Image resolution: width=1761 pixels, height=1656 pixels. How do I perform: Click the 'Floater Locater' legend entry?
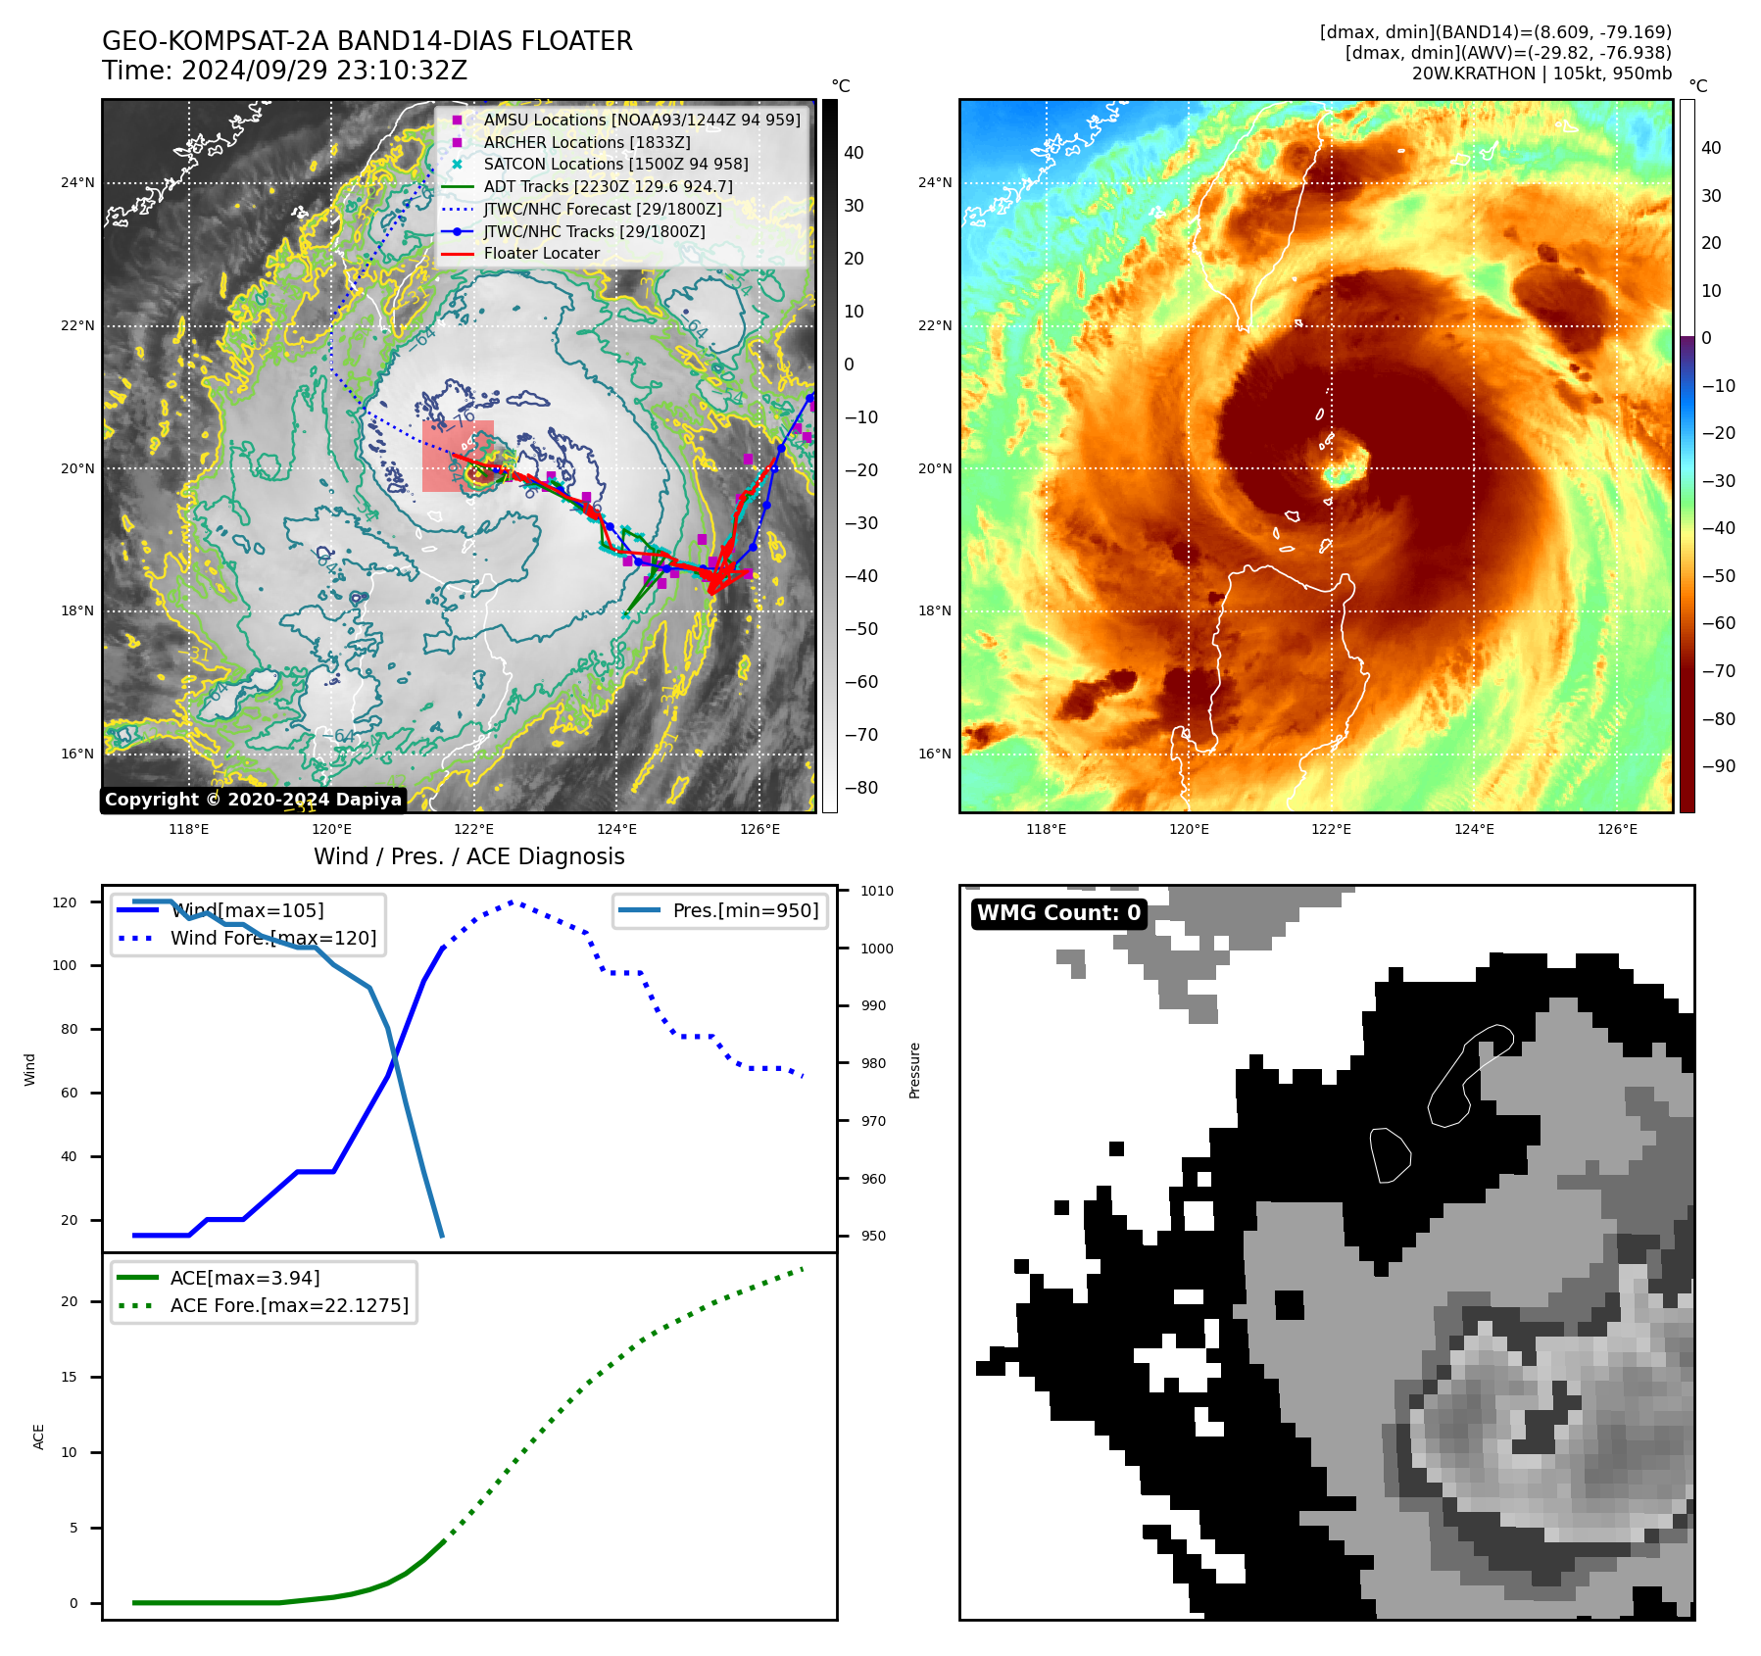tap(541, 254)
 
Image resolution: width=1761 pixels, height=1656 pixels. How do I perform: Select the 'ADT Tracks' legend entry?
tap(608, 187)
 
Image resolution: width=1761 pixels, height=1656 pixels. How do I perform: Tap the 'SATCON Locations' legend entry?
tap(615, 165)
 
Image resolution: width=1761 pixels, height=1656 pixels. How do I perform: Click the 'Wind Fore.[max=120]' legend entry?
tap(272, 938)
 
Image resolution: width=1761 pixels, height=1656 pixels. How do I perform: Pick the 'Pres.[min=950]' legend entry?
tap(745, 910)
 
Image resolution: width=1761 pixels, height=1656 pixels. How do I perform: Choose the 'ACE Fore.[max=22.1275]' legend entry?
tap(289, 1305)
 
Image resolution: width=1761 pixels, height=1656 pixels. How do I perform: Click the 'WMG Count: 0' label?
tap(1058, 913)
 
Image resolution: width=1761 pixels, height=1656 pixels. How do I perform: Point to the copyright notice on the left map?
tap(253, 800)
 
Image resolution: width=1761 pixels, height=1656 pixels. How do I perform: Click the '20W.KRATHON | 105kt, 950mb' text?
tap(1541, 73)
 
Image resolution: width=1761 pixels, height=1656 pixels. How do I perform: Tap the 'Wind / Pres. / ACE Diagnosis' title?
tap(468, 856)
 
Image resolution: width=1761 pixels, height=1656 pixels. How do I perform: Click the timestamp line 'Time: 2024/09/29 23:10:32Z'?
tap(284, 71)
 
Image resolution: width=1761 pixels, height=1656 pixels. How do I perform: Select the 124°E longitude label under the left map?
tap(616, 829)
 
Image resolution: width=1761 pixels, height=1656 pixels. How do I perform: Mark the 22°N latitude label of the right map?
tap(934, 325)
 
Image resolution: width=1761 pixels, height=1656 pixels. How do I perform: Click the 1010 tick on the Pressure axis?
tap(877, 891)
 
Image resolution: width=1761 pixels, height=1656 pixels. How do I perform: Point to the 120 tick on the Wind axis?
tap(65, 902)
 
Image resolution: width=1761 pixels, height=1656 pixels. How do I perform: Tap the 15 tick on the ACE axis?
tap(69, 1377)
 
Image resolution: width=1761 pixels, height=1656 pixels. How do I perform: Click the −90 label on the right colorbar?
tap(1718, 766)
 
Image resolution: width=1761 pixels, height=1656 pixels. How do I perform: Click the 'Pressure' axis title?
tap(914, 1070)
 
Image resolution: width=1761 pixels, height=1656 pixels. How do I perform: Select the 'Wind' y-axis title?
tap(30, 1069)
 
